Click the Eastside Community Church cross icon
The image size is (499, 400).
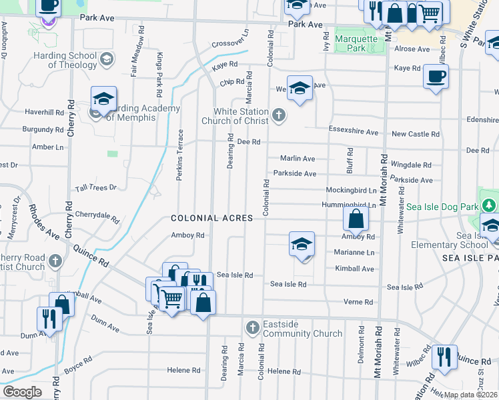click(252, 328)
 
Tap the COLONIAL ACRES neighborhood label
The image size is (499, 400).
click(211, 218)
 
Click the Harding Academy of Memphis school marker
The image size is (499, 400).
click(104, 99)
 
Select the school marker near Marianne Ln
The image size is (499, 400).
click(302, 244)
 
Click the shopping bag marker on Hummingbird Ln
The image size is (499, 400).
click(357, 219)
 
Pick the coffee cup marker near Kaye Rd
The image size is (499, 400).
click(436, 76)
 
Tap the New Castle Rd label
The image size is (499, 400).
click(415, 134)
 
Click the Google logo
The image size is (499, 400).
click(22, 392)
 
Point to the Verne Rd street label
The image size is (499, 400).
click(358, 302)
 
